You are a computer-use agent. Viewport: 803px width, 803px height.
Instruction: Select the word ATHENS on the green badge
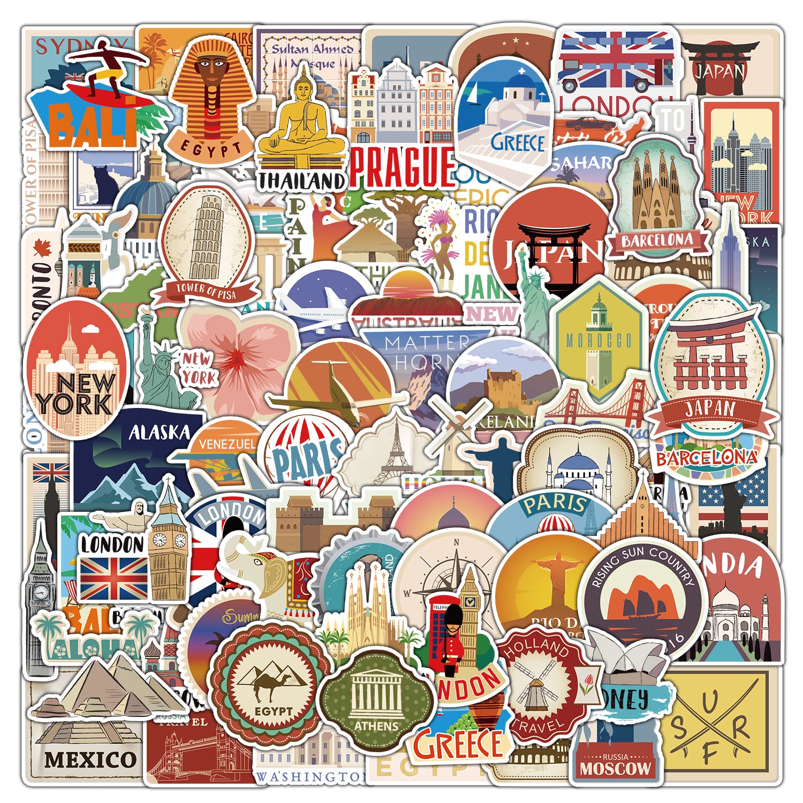coord(376,726)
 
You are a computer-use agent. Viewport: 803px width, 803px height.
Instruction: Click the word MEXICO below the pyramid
coord(90,759)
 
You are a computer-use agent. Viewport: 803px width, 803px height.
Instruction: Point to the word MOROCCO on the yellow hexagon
coord(599,340)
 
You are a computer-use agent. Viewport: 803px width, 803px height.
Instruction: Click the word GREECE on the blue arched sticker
coord(517,143)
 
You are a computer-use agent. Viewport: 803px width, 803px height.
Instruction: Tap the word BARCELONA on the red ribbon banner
coord(657,241)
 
